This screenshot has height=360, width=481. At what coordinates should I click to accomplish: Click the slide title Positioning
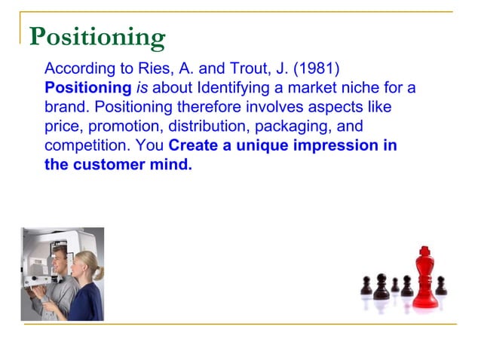(x=97, y=37)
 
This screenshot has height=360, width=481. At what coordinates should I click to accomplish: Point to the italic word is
(x=142, y=89)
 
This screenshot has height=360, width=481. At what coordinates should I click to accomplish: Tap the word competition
(x=82, y=145)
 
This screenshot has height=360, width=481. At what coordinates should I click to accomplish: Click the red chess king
(x=424, y=282)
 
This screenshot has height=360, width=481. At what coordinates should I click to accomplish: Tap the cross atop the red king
(x=424, y=249)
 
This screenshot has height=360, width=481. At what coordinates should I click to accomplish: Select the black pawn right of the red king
(x=441, y=285)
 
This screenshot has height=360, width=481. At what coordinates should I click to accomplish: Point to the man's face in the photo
(x=60, y=263)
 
